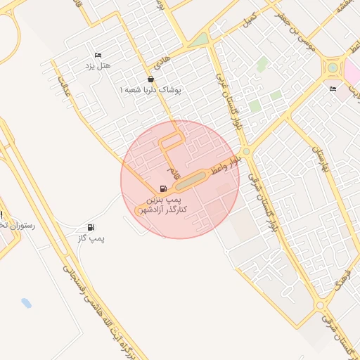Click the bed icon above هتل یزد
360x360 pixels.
[x=98, y=55]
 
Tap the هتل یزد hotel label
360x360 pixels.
[x=98, y=65]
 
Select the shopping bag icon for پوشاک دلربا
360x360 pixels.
[x=150, y=79]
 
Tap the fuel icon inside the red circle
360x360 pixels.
[x=164, y=188]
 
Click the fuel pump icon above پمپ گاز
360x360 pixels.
[x=91, y=227]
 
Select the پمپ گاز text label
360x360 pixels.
[x=91, y=238]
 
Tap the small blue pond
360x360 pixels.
[x=27, y=303]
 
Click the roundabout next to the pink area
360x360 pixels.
[x=331, y=69]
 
